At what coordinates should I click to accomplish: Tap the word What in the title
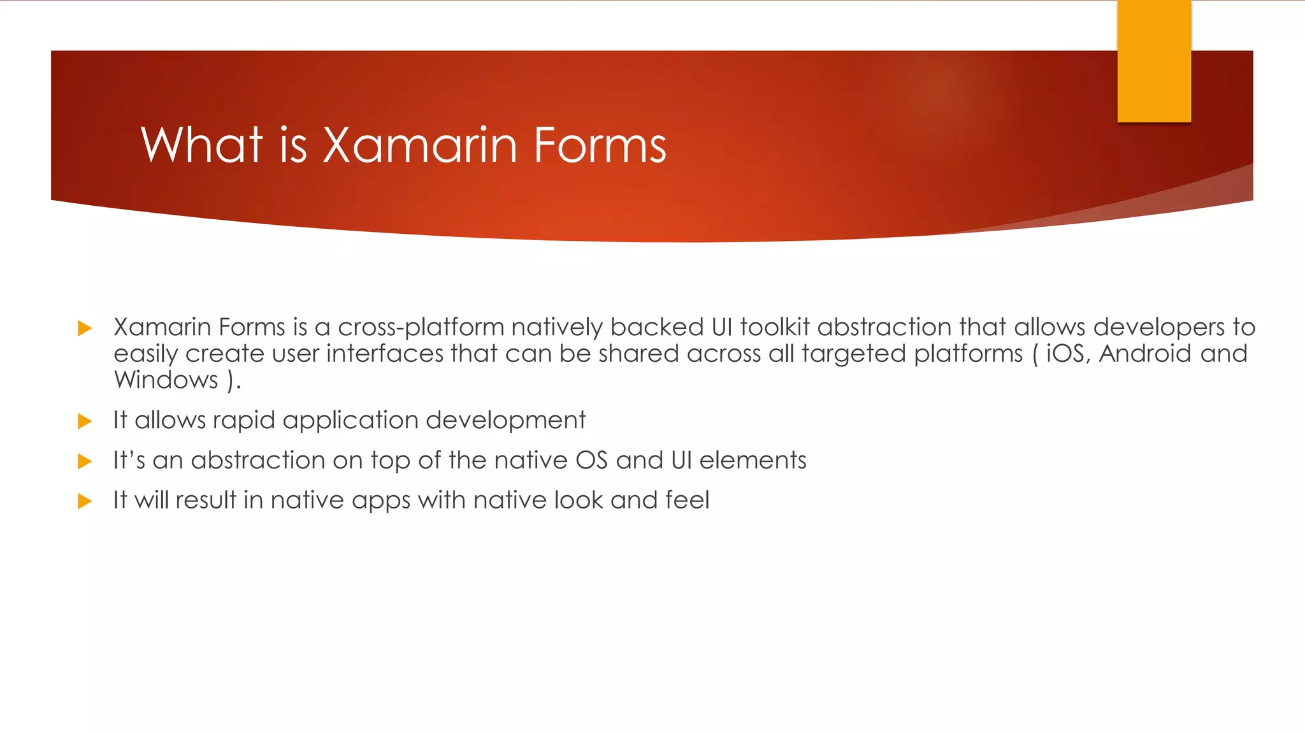(201, 146)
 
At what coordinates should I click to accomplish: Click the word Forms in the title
(600, 146)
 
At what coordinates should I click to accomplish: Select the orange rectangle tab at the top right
(1154, 61)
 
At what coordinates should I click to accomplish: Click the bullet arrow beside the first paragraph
(85, 329)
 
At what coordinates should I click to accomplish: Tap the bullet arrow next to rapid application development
(85, 421)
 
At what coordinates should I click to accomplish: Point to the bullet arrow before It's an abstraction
(85, 461)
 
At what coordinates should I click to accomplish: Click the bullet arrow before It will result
(85, 501)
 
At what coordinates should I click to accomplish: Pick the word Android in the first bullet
(1144, 354)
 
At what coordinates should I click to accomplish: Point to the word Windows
(166, 380)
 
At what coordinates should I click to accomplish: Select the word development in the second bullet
(505, 421)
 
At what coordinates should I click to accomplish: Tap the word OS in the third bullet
(591, 461)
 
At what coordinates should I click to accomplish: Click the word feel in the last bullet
(687, 500)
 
